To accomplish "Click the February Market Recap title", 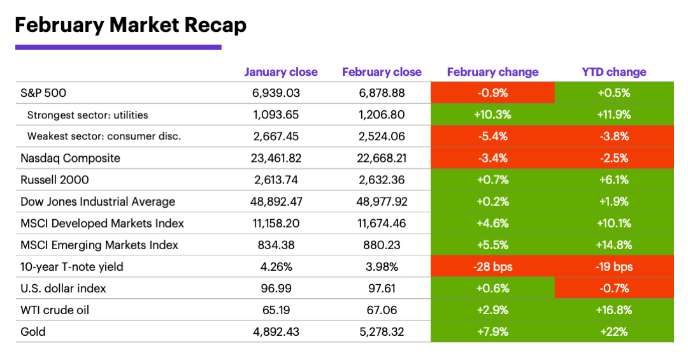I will (x=131, y=25).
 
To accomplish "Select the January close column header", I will (x=281, y=72).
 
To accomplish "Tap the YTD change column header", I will (x=613, y=72).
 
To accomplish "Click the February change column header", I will (x=492, y=72).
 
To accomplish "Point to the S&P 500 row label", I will (x=43, y=93).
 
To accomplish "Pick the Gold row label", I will (x=33, y=331).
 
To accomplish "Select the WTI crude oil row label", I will (x=55, y=310).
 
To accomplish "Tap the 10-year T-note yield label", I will (x=72, y=266).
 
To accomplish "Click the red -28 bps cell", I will (x=492, y=266).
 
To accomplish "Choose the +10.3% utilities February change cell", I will (x=492, y=115).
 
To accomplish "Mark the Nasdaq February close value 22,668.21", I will (x=382, y=158).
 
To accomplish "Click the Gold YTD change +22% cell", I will (x=613, y=331).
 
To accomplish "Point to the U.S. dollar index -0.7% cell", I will (x=613, y=288).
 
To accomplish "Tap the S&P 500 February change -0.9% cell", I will (x=492, y=93).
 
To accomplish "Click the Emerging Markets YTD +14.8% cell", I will (x=613, y=245).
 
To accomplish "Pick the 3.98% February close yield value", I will (x=382, y=266).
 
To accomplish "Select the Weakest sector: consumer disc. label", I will (x=104, y=136).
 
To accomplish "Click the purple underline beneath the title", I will (x=118, y=47).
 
